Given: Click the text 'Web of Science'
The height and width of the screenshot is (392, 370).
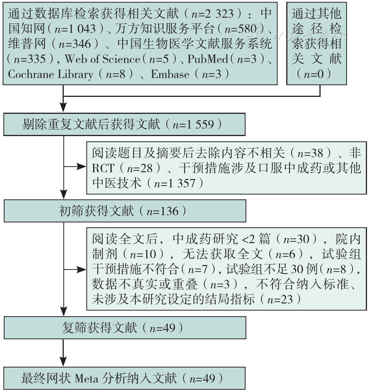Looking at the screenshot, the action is (102, 59).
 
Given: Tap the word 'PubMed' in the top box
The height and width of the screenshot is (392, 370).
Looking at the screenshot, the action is (208, 59).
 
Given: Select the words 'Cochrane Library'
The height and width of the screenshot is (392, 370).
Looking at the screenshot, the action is (51, 74).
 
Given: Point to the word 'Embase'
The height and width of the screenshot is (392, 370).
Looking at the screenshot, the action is (170, 74).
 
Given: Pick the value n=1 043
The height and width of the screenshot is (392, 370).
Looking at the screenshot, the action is (75, 29).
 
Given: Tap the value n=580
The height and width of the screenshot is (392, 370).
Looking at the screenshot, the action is (241, 29).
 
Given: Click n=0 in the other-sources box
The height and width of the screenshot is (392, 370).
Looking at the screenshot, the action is (314, 74).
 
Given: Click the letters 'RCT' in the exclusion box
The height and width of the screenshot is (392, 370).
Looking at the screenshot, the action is (103, 168).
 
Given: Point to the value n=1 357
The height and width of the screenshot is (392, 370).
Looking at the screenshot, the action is (175, 184).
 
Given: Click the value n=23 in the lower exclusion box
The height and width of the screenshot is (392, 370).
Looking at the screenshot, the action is (280, 299).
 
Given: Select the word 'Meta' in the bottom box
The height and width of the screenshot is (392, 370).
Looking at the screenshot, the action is (86, 378).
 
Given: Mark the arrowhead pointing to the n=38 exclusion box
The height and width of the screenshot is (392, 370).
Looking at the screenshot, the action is (81, 167).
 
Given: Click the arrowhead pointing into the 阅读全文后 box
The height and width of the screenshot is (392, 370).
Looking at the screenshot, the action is (81, 269).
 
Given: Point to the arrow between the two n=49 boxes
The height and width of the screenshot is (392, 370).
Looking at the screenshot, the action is (63, 353).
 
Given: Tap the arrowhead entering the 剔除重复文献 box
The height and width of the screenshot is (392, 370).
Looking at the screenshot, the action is (63, 107).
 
